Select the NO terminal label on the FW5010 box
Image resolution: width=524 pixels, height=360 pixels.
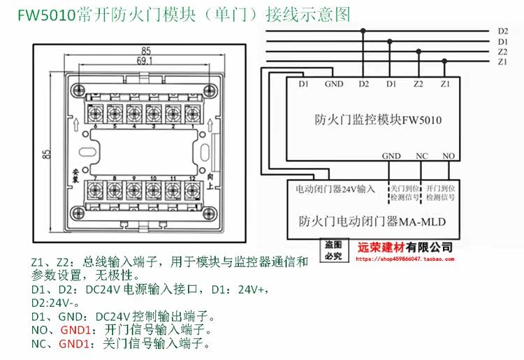(x=448, y=156)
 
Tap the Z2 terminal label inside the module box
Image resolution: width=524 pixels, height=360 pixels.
(x=418, y=85)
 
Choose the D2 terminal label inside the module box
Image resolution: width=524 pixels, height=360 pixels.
(x=363, y=85)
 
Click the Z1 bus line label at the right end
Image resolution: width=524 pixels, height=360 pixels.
(x=502, y=62)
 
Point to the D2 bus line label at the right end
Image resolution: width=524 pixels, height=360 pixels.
(x=502, y=31)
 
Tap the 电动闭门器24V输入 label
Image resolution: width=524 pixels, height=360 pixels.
(x=335, y=189)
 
